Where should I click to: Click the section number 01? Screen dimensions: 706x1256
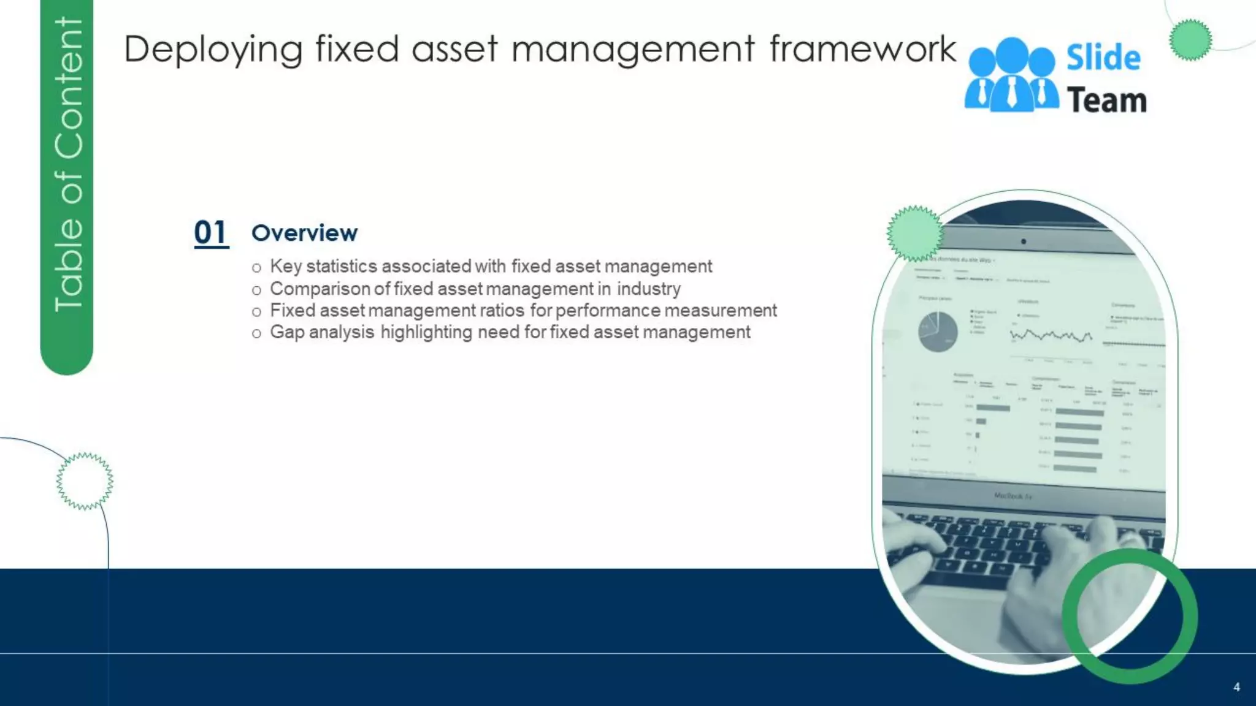[x=211, y=233]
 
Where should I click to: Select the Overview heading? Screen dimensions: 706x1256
[x=304, y=233]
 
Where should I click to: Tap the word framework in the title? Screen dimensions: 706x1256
[x=863, y=49]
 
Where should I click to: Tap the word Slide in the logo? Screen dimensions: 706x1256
[x=1103, y=58]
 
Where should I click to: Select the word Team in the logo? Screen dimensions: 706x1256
[x=1107, y=101]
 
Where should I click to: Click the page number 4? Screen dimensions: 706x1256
[x=1236, y=687]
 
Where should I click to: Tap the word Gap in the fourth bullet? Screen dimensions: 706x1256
[x=287, y=332]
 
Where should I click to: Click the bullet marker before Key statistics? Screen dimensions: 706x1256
[x=256, y=268]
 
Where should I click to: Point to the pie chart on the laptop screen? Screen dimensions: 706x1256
[x=938, y=332]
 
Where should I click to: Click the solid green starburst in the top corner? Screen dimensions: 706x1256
[x=1190, y=40]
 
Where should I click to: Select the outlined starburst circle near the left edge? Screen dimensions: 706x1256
[x=85, y=481]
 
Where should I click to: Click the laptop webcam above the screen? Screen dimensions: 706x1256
[x=1024, y=241]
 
